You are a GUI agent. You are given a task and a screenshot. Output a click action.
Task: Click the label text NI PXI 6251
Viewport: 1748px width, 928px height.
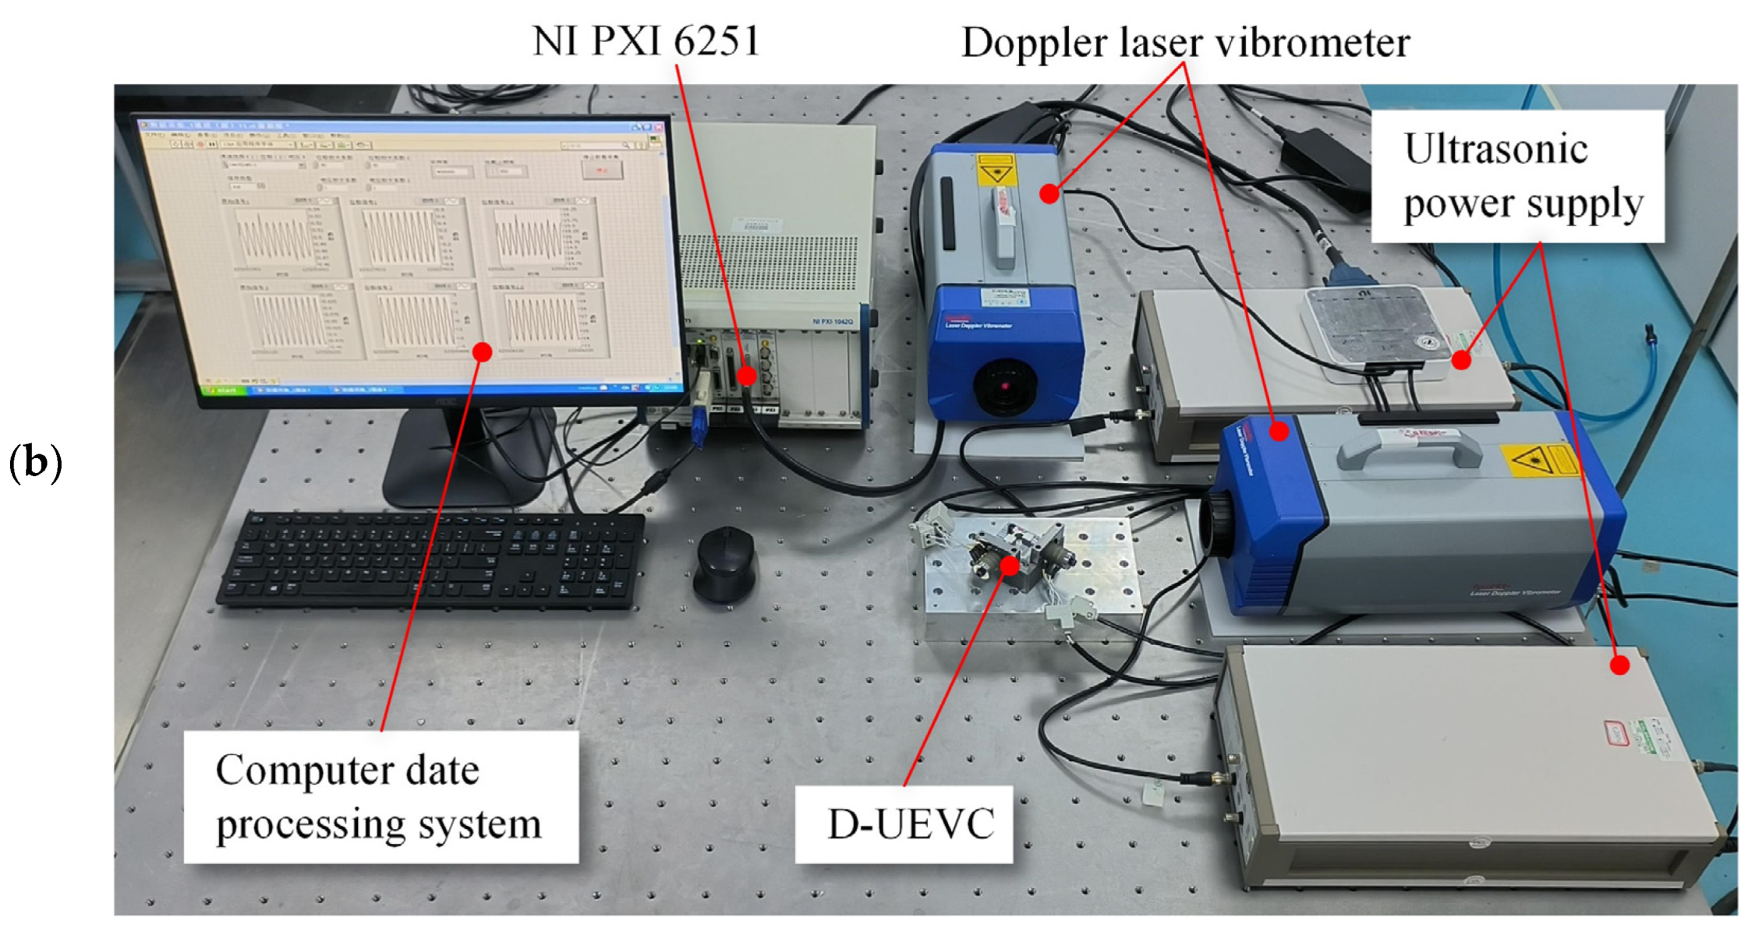pyautogui.click(x=646, y=41)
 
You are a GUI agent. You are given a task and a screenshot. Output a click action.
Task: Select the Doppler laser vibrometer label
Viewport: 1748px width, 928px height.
pyautogui.click(x=1185, y=42)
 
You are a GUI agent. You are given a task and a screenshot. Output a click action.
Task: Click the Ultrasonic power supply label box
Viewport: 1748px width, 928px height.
pyautogui.click(x=1517, y=176)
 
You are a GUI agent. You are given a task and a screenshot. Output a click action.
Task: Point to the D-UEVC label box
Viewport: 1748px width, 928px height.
pyautogui.click(x=904, y=824)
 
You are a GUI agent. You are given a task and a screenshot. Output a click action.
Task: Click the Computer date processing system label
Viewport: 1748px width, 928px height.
pyautogui.click(x=380, y=796)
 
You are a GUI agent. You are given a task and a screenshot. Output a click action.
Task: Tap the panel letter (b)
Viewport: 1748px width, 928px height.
pyautogui.click(x=35, y=462)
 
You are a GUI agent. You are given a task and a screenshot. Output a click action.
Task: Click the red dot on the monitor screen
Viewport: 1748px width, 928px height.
pyautogui.click(x=483, y=352)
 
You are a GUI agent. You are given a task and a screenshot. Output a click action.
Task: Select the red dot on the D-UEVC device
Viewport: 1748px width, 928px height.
pyautogui.click(x=1010, y=564)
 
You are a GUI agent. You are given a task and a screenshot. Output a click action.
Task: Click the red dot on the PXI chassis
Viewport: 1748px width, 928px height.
pyautogui.click(x=747, y=376)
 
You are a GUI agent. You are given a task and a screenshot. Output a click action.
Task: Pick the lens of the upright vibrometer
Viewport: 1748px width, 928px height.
pyautogui.click(x=1004, y=385)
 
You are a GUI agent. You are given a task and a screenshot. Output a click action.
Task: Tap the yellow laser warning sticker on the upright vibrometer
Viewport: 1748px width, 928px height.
pyautogui.click(x=997, y=170)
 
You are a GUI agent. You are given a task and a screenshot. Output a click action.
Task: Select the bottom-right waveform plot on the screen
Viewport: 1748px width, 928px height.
pyautogui.click(x=543, y=318)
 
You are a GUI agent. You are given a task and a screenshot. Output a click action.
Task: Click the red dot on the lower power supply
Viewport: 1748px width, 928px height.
pyautogui.click(x=1619, y=665)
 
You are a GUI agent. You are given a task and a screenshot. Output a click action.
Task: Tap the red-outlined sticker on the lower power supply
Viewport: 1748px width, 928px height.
pyautogui.click(x=1616, y=732)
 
